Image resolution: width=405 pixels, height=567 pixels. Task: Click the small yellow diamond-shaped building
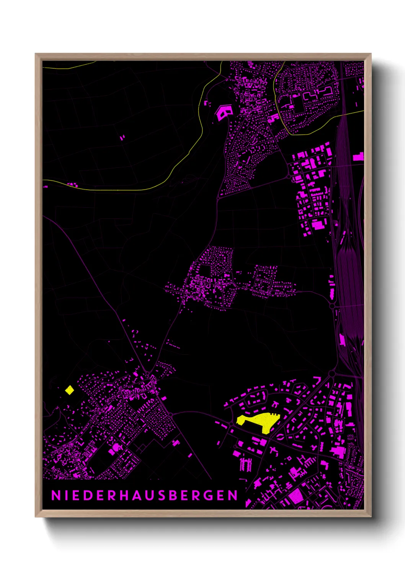coord(69,390)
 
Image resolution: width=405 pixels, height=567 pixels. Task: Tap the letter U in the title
coord(147,495)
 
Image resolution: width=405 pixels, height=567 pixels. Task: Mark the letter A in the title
coord(135,495)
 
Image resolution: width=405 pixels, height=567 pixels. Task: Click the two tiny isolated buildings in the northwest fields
coord(122,137)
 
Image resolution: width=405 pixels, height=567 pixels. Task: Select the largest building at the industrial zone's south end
coord(318,225)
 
